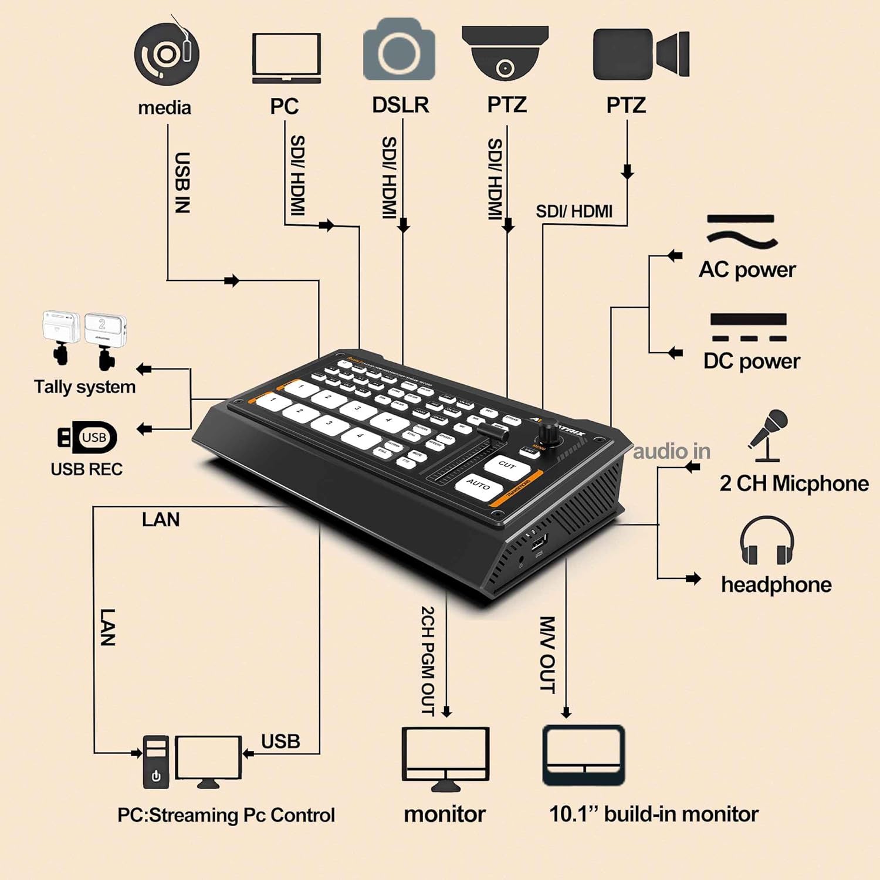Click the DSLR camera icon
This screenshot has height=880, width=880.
pos(399,49)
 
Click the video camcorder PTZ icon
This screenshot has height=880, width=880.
pos(640,54)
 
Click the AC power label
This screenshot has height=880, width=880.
pos(747,270)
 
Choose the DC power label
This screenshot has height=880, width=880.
pos(751,361)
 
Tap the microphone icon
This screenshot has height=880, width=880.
pos(769,435)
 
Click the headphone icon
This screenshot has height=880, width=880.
pos(766,541)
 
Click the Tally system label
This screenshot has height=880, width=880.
pos(84,387)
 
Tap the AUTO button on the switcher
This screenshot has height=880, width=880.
pos(479,486)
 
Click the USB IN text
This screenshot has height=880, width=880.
pos(182,182)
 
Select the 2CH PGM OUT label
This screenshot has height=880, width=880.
pos(428,661)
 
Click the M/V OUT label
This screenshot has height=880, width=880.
pos(547,654)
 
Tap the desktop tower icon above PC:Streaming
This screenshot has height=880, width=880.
pos(156,761)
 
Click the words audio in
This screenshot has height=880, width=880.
pos(671,452)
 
